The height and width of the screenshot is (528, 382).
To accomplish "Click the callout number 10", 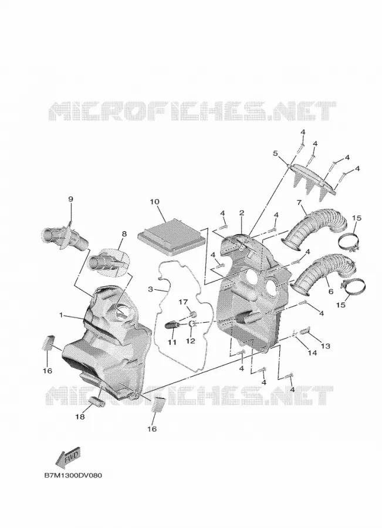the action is click(x=155, y=202).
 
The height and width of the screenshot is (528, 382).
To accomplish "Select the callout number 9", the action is click(x=71, y=199).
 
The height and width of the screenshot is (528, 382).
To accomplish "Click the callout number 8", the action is click(x=124, y=233).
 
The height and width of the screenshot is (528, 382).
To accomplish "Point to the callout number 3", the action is click(x=151, y=289).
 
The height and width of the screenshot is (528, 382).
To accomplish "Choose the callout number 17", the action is click(x=183, y=302).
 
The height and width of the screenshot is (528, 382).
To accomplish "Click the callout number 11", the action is click(x=172, y=343).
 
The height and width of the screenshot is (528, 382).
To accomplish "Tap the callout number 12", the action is click(x=190, y=341).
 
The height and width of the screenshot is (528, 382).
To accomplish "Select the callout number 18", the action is click(x=80, y=417).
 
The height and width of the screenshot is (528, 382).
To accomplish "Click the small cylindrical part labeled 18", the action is click(x=96, y=401).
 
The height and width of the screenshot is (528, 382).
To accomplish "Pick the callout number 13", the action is click(x=326, y=346).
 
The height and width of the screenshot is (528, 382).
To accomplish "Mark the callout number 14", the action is click(x=312, y=353).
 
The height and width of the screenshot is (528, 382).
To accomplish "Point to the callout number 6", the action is click(x=330, y=291).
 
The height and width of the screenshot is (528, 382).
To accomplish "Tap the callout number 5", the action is click(x=276, y=154).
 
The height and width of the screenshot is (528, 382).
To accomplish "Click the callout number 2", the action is click(x=242, y=213).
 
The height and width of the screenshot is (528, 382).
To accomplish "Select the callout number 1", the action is click(x=61, y=315).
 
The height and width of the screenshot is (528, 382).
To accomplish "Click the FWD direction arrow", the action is click(x=68, y=456).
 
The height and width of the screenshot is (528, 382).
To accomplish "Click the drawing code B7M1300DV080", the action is click(x=73, y=475).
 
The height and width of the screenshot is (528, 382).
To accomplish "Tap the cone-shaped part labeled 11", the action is click(x=172, y=325).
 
